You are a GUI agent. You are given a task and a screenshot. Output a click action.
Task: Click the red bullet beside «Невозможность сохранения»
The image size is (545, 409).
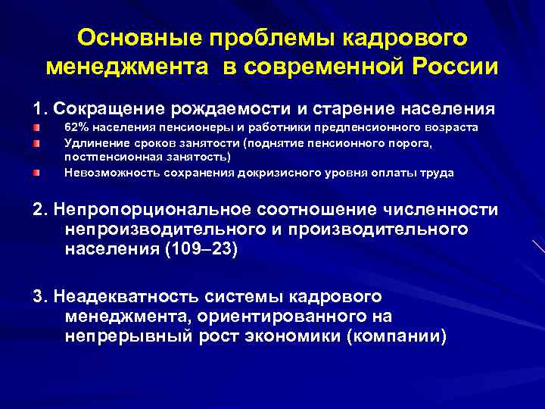tap(35, 173)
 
